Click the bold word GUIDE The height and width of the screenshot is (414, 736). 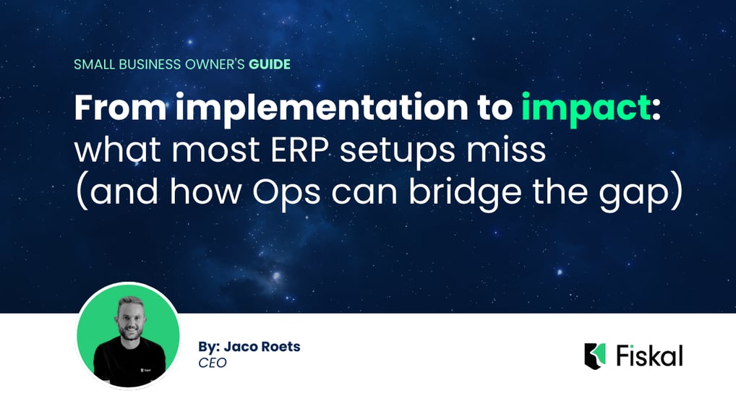[270, 64]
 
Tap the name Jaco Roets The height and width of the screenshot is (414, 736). [262, 347]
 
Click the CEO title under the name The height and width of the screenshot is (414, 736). [213, 363]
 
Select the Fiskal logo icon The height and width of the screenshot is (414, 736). [595, 356]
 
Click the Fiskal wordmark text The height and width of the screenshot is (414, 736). [650, 355]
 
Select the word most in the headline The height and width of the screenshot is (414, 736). [216, 150]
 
